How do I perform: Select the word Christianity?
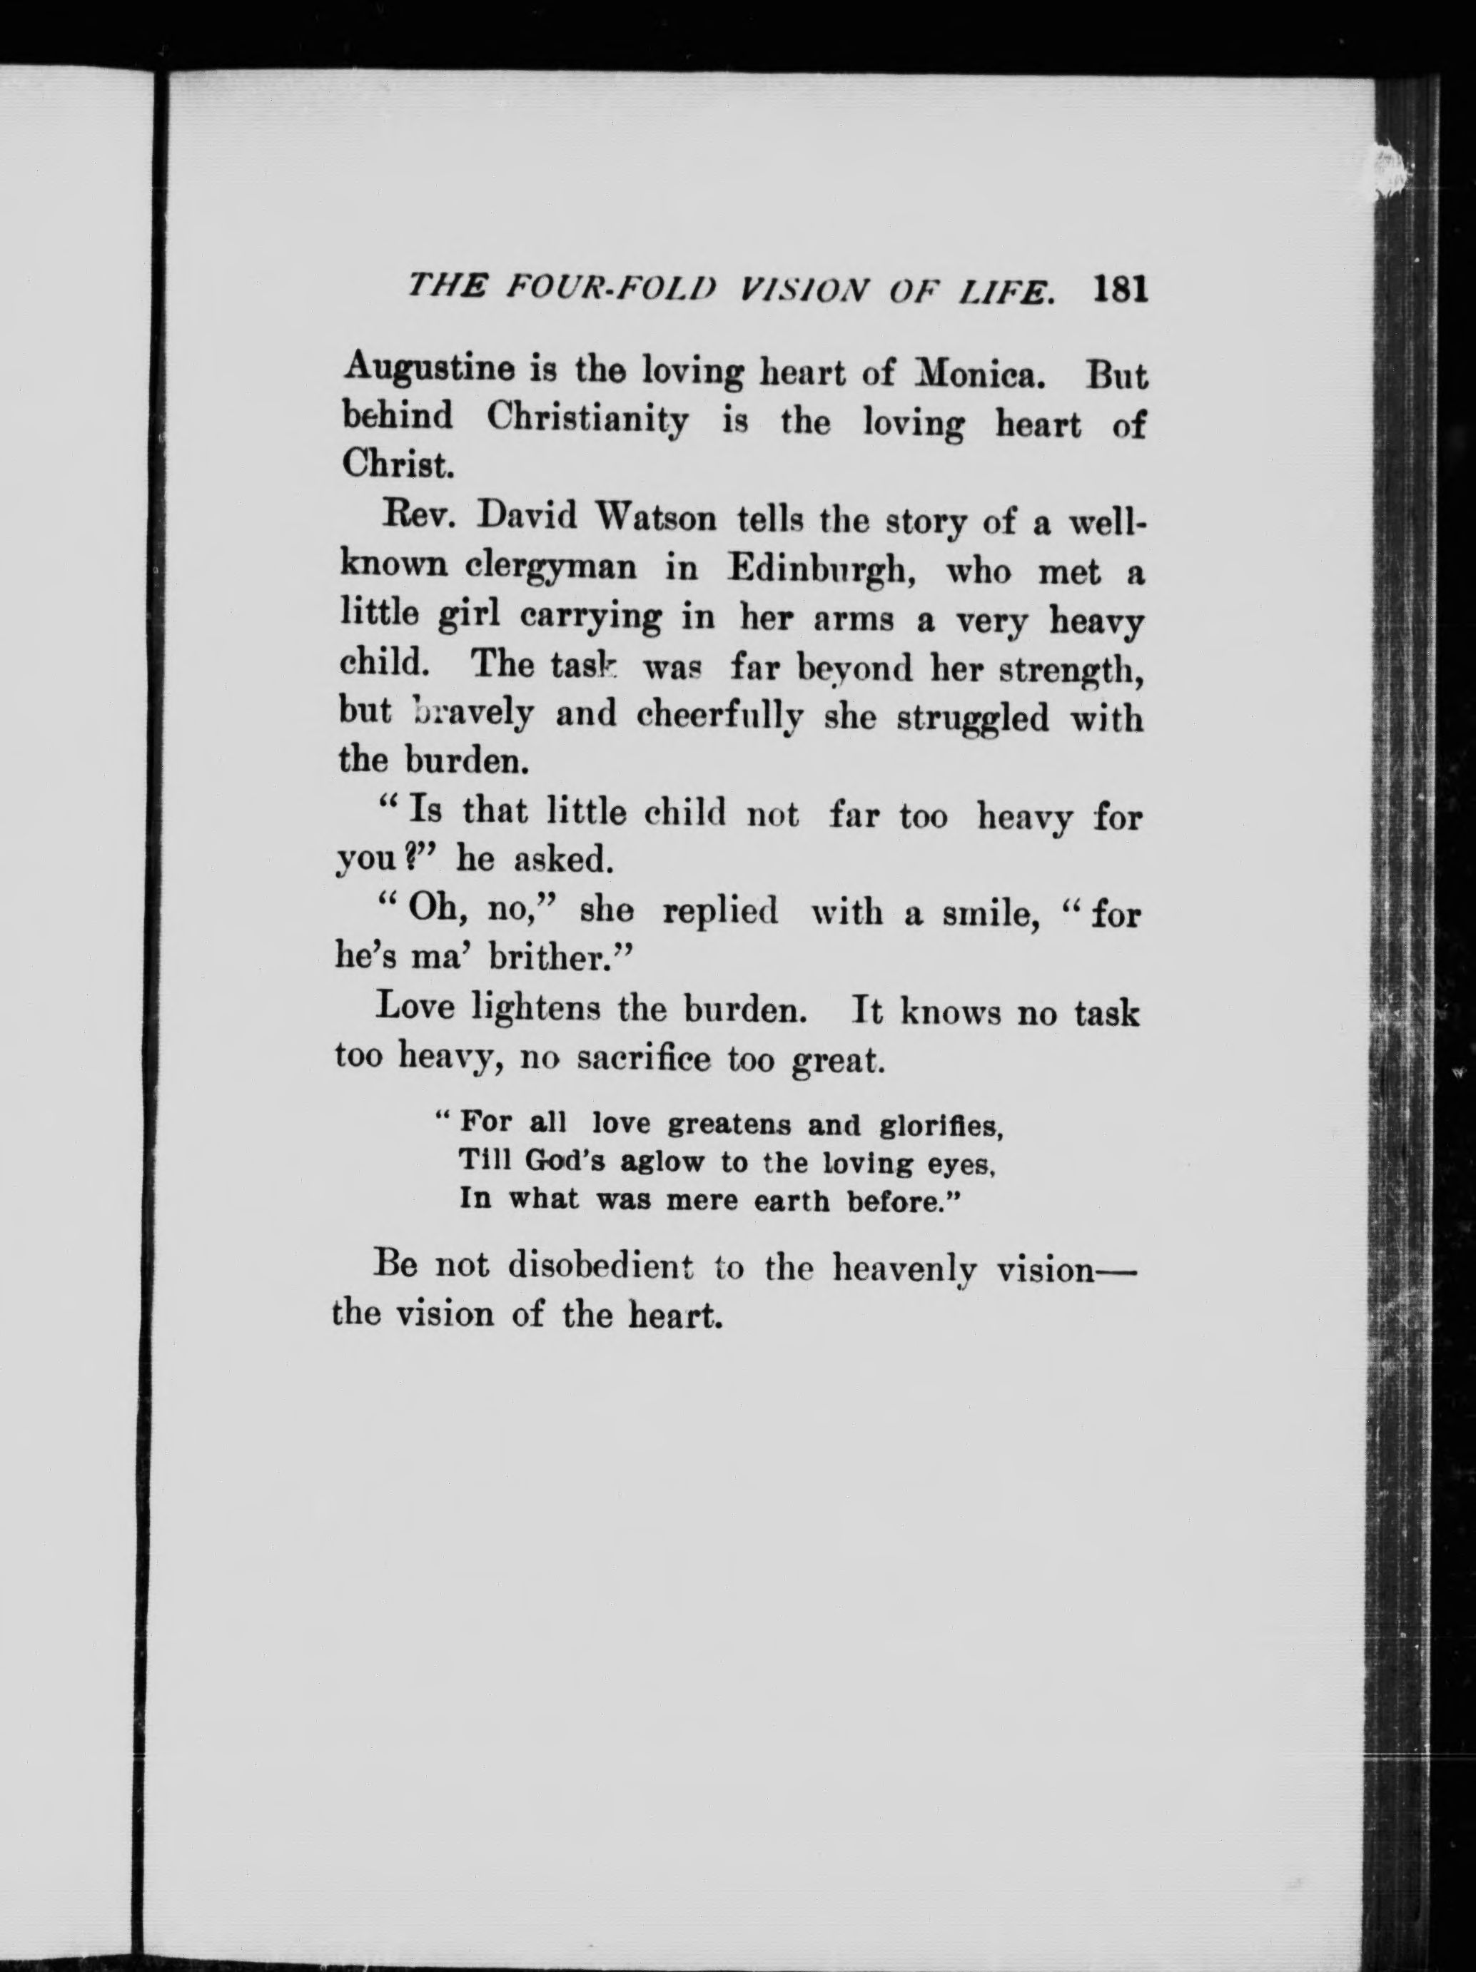(587, 419)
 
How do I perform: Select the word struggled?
(972, 718)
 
